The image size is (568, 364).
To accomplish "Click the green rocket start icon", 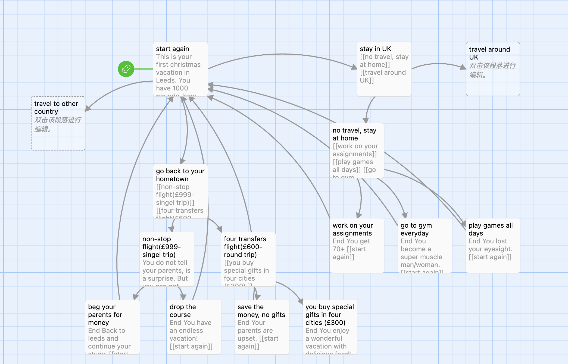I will pos(126,69).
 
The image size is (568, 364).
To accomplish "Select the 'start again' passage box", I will pos(180,69).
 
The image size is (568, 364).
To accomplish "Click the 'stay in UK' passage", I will pos(384,69).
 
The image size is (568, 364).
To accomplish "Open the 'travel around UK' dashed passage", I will pos(493,69).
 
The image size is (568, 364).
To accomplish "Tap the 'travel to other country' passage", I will pos(58,123).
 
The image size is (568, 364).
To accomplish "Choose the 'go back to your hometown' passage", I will pos(180,191).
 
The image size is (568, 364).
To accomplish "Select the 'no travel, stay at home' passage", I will pos(357,150).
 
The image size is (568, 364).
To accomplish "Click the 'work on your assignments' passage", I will pos(357,246).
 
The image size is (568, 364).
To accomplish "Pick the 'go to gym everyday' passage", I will pos(425,246).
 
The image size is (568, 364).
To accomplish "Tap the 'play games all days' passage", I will pos(493,246).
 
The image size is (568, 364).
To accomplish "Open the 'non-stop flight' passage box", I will pos(167,259).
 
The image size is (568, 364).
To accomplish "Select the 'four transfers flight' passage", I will pos(248,259).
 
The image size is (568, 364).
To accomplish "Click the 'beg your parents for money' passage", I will pos(112,327).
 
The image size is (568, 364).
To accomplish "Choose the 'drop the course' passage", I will pos(194,327).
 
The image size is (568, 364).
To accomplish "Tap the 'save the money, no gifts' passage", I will pos(262,327).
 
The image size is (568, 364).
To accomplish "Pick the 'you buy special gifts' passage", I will pos(330,327).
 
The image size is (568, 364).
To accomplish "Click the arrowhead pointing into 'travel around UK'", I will pos(463,67).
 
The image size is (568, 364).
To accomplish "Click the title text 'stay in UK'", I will pos(375,49).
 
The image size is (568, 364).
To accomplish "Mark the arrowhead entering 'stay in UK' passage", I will pos(354,67).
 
